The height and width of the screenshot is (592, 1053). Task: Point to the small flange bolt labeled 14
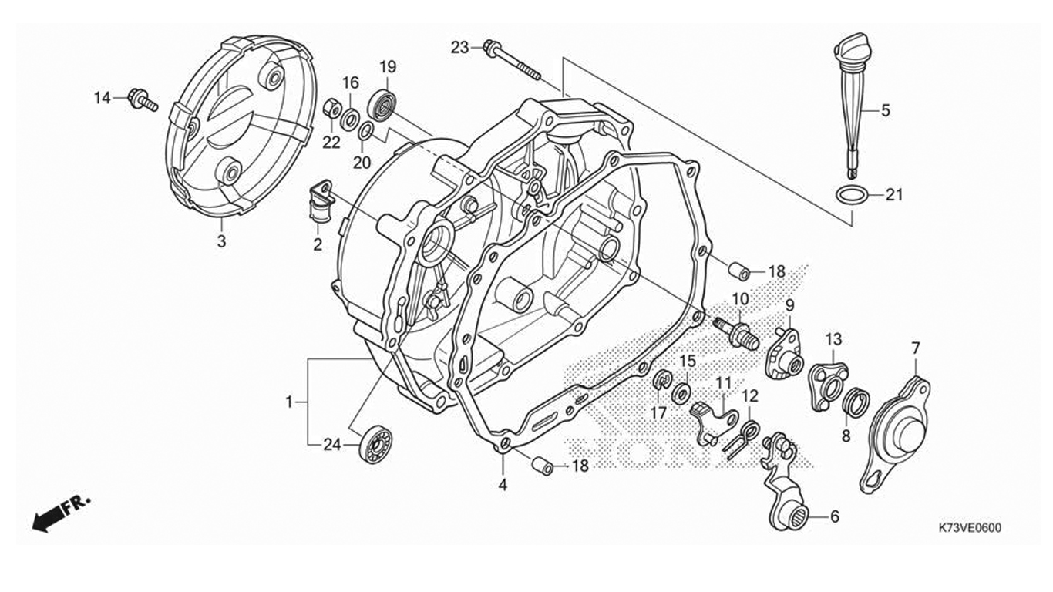point(143,100)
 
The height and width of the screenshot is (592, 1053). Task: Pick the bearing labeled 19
point(382,104)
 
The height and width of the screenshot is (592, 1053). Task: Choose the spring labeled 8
point(856,402)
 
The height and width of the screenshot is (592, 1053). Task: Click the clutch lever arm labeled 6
point(782,486)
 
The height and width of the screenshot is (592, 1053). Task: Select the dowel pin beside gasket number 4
point(543,466)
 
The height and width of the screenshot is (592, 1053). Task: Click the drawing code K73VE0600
point(970,528)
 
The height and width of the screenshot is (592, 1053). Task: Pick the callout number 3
point(221,241)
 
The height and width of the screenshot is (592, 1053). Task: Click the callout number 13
point(833,338)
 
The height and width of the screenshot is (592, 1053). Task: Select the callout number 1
point(289,402)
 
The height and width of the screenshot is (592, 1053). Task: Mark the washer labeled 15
point(681,393)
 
